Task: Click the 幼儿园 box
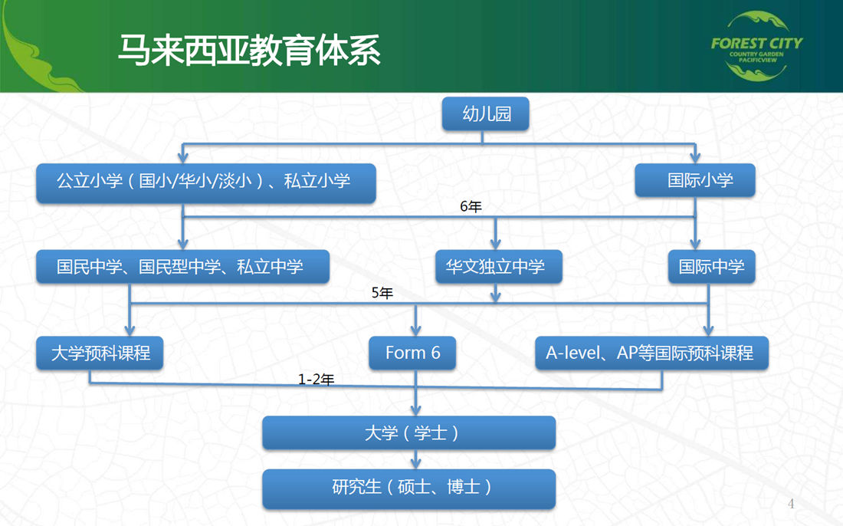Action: pos(486,115)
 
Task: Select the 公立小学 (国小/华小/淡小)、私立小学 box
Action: pos(205,182)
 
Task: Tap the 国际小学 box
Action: pos(695,181)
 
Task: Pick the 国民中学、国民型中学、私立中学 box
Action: pos(182,267)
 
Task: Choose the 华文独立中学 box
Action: pos(496,267)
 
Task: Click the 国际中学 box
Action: pos(711,267)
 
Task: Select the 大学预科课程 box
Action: pos(100,353)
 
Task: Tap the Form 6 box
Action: pos(414,353)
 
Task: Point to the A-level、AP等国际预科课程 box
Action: pos(651,353)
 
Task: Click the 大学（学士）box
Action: pos(408,433)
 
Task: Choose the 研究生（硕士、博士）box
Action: pos(408,487)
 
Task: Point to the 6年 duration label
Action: pos(471,207)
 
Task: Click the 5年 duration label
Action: pos(382,293)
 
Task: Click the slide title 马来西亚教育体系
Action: pos(249,51)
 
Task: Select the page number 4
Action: pos(792,504)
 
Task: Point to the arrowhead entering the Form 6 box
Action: pos(416,330)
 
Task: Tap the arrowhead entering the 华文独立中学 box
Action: pos(496,245)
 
